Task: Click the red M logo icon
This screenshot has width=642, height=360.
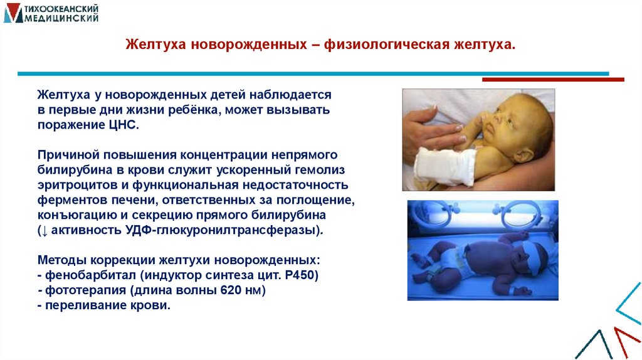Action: [x=12, y=13]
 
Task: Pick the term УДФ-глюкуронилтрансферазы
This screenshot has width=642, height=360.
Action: [x=221, y=230]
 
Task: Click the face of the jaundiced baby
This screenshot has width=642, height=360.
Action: [x=524, y=126]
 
